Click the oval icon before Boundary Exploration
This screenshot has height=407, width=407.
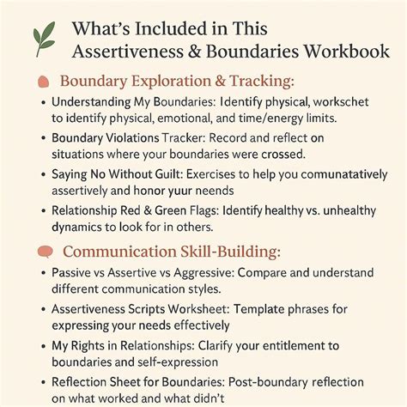coord(44,83)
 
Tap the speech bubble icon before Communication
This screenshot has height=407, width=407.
coord(45,252)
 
